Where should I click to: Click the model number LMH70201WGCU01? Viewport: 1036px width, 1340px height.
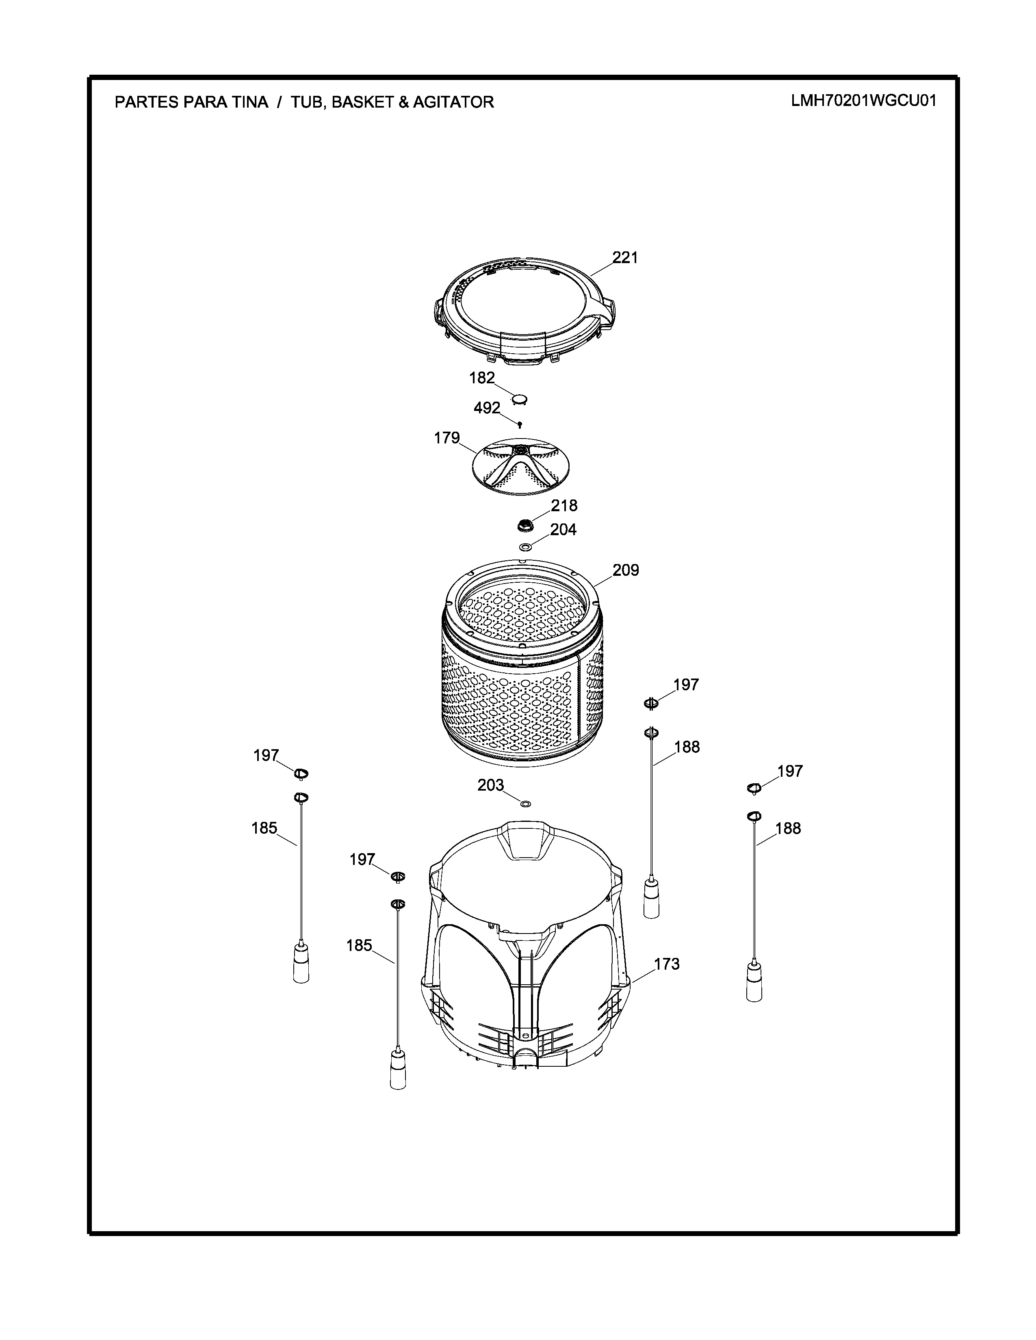pos(864,101)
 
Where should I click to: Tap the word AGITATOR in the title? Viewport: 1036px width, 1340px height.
pos(453,102)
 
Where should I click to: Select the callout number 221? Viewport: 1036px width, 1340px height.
pos(625,258)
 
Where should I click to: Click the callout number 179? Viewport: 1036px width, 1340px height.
pos(447,438)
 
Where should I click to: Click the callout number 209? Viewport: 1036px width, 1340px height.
pos(625,571)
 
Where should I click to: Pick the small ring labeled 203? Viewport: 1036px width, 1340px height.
pos(525,803)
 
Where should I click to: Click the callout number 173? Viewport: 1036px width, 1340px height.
pos(667,964)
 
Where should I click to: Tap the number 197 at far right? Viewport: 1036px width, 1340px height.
pos(789,771)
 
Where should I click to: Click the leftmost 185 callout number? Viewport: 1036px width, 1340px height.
pos(264,828)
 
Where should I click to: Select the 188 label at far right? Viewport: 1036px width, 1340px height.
pos(788,829)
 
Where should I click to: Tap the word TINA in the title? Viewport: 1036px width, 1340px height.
pos(250,102)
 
